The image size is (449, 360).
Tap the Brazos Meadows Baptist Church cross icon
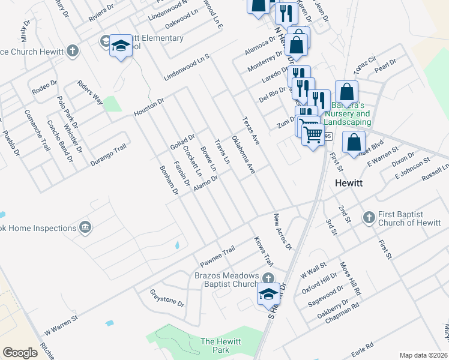[268, 278]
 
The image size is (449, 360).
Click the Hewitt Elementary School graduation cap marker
[121, 46]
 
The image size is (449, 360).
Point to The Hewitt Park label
[221, 346]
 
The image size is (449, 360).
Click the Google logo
[20, 353]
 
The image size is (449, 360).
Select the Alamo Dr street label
[205, 185]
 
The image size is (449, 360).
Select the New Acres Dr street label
[282, 231]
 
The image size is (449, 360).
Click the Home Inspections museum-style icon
[85, 227]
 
